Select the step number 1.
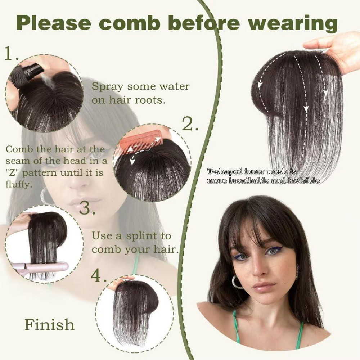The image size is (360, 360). coord(11,54)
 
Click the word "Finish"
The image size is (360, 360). coord(49,324)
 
